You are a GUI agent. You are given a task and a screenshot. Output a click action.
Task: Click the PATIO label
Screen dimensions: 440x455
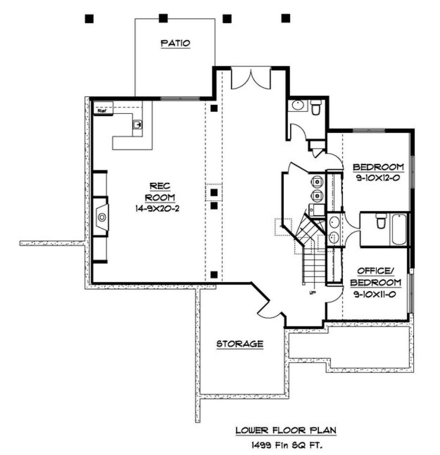[x=176, y=43]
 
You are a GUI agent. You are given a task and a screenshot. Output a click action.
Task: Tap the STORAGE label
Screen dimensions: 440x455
[x=240, y=344]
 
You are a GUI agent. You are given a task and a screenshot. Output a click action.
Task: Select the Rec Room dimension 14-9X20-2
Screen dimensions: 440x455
[x=157, y=208]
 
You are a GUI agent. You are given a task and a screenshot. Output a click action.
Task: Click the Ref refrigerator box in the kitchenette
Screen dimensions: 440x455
[x=103, y=108]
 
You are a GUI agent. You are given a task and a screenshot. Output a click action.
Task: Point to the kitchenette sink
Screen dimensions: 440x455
[x=137, y=125]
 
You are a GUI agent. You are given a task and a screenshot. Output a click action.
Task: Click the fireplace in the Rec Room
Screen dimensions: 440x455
[x=101, y=217]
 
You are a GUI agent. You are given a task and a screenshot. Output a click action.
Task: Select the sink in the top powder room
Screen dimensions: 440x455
[x=298, y=106]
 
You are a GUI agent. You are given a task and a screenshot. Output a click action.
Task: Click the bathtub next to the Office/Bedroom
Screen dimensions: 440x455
[x=399, y=229]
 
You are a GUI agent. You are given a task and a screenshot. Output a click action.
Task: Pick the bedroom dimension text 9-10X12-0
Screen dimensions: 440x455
[x=378, y=178]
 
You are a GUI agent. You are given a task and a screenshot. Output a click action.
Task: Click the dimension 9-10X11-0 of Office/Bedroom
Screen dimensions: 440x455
[x=375, y=294]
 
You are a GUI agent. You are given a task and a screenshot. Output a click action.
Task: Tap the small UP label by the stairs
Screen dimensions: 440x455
[x=312, y=292]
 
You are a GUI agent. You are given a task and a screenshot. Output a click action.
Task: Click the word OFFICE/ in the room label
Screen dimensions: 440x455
[x=375, y=271]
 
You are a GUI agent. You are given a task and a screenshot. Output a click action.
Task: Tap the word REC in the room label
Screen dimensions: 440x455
[x=160, y=186]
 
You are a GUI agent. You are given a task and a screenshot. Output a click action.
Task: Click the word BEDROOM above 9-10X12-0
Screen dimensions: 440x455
[x=378, y=167]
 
